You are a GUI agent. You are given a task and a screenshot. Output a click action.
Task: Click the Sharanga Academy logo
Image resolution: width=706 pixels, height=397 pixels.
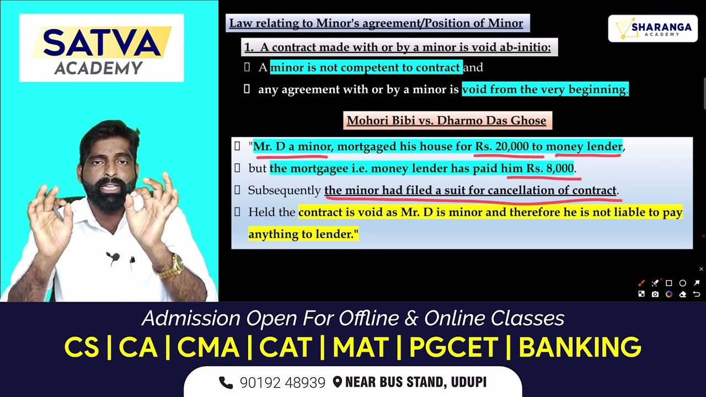[x=652, y=29]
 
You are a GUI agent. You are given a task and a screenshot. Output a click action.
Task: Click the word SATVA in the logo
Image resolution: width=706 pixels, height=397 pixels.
[x=101, y=44]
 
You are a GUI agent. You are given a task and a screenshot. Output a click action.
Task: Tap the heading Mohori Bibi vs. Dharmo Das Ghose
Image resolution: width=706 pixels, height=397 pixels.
[x=447, y=121]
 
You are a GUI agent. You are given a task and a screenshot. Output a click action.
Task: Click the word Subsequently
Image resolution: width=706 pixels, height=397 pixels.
[x=284, y=190]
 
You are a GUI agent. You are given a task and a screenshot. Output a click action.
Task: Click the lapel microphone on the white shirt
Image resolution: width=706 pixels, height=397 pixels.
[x=113, y=257]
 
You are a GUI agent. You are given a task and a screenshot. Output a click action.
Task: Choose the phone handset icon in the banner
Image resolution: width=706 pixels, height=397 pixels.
[x=226, y=382]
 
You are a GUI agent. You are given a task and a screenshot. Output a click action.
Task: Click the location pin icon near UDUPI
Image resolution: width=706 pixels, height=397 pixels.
[x=338, y=382]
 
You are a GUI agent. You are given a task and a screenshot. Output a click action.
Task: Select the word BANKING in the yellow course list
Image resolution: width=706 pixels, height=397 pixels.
[x=580, y=347]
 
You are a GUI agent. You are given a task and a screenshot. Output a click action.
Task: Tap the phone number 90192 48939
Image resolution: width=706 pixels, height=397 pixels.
[x=282, y=383]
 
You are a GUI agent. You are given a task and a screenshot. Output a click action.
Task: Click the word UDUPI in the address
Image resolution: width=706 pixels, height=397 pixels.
[x=468, y=382]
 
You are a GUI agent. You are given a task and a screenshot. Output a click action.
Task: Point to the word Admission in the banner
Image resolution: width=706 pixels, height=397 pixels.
[x=191, y=318]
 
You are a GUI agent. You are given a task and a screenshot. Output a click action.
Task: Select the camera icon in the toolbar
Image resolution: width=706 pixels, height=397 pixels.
[x=655, y=294]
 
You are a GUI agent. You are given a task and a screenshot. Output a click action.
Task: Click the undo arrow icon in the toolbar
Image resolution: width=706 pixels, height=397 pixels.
[x=697, y=294]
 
